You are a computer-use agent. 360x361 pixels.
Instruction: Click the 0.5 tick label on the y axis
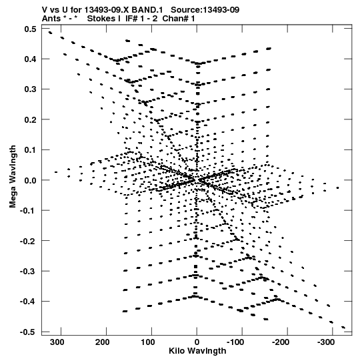[30, 29]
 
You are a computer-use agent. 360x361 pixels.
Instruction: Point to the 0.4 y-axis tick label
[30, 59]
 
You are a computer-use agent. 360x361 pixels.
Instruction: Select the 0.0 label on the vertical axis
[30, 180]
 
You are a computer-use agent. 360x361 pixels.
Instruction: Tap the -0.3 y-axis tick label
[28, 271]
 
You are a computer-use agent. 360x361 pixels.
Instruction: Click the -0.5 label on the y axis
[28, 332]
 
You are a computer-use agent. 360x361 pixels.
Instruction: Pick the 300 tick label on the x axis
[57, 342]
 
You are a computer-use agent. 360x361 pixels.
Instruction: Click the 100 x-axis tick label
[148, 342]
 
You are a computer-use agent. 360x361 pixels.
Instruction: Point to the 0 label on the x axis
[197, 342]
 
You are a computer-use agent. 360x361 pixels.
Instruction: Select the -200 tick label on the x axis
[281, 342]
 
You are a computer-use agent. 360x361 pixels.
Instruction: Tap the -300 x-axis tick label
[326, 342]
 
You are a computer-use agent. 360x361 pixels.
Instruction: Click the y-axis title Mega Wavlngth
[13, 177]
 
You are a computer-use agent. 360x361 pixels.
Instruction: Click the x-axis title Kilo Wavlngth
[197, 351]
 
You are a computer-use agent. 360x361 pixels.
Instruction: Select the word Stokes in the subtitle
[104, 19]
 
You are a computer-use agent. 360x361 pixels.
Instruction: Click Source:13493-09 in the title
[205, 10]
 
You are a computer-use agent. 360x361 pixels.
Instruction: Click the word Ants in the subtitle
[51, 19]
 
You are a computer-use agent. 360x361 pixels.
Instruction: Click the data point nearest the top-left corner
[50, 33]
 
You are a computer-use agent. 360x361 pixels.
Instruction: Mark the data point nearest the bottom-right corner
[343, 327]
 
